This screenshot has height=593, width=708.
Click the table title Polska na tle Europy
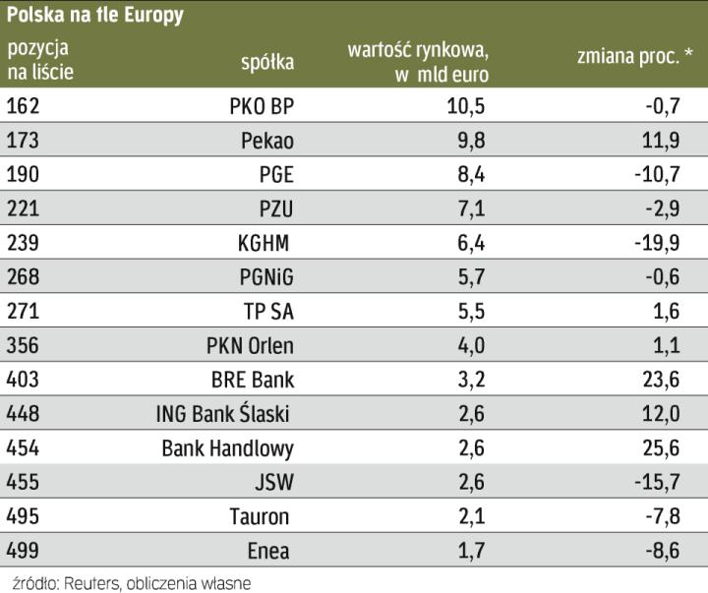[95, 16]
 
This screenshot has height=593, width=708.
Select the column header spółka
[267, 63]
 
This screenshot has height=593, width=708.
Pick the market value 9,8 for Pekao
[472, 141]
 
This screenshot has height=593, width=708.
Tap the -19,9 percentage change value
[656, 243]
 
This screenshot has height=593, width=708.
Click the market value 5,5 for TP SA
[472, 311]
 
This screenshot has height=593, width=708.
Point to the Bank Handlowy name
[228, 448]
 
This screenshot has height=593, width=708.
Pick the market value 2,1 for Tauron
[472, 516]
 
